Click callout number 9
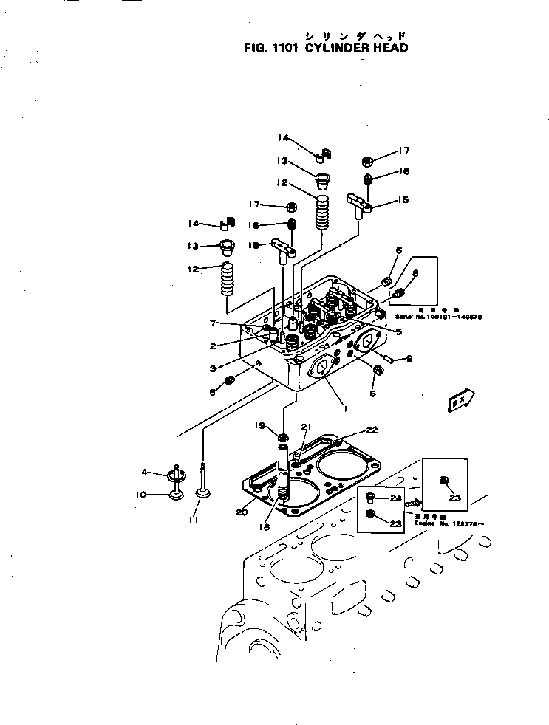pyautogui.click(x=409, y=360)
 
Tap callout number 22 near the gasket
pyautogui.click(x=371, y=430)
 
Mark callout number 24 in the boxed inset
pyautogui.click(x=395, y=498)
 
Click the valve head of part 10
pyautogui.click(x=176, y=493)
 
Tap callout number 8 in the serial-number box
pyautogui.click(x=415, y=273)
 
